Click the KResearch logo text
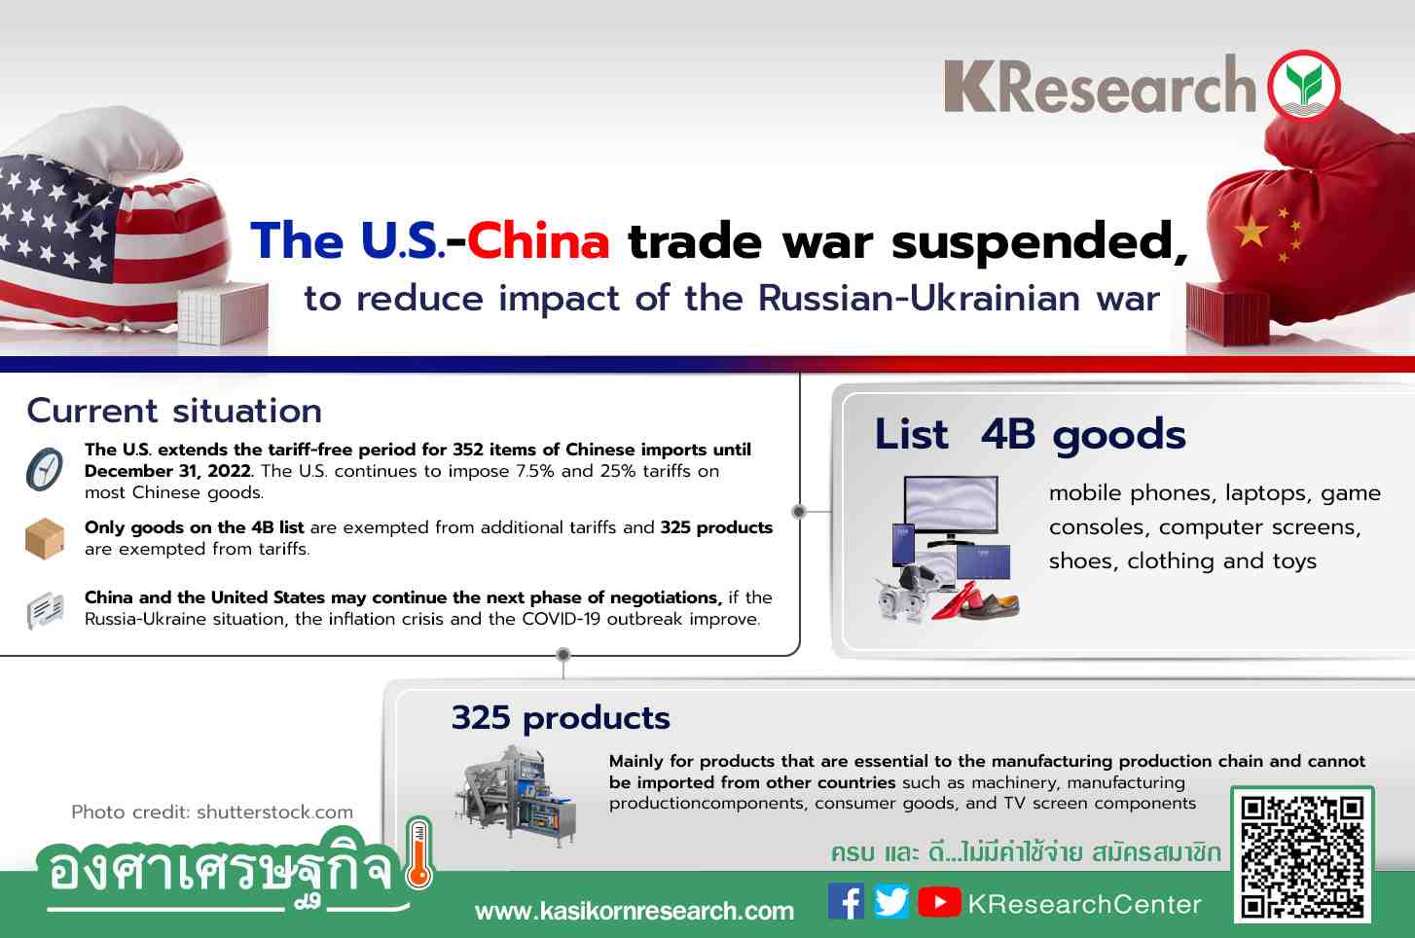point(1100,85)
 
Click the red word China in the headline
point(538,240)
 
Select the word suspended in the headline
point(1039,242)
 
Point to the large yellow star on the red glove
point(1251,232)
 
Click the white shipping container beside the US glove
point(223,312)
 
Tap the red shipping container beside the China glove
point(1228,313)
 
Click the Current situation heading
point(174,411)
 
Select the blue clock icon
point(44,469)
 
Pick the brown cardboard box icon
point(44,539)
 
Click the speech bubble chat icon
point(45,610)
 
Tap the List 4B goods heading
point(1031,435)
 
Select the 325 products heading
point(561,718)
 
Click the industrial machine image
point(515,797)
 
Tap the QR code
point(1302,854)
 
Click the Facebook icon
point(846,901)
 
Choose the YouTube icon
point(939,902)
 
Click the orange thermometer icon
point(418,854)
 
